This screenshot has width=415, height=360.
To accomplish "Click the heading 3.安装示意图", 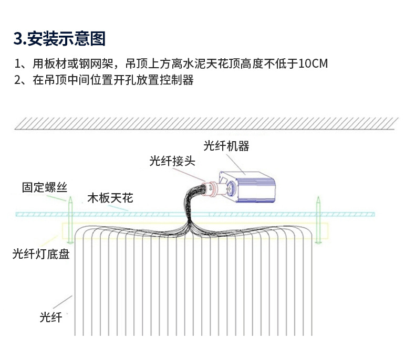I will [x=59, y=38].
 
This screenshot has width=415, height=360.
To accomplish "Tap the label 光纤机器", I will [x=226, y=146].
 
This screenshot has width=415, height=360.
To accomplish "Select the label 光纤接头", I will [x=172, y=161].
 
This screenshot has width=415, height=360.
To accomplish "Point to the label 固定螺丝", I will [x=44, y=187].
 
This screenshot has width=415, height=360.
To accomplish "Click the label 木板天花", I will [x=110, y=198].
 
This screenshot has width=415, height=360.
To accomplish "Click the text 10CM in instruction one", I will [x=313, y=64].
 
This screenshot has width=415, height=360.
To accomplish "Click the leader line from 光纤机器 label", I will [x=237, y=162].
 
